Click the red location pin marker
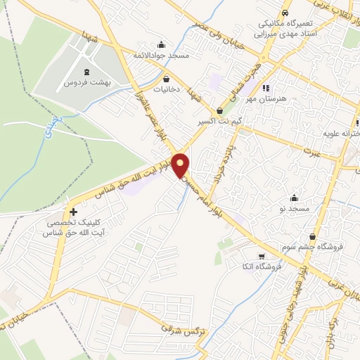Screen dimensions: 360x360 [181, 165]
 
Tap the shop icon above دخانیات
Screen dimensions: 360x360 [167, 79]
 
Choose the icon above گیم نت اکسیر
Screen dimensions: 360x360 [220, 110]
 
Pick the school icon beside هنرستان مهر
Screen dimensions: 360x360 [266, 88]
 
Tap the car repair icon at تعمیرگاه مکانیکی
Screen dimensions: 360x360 [286, 13]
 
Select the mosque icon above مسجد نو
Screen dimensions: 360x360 [293, 198]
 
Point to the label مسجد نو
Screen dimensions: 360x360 [293, 210]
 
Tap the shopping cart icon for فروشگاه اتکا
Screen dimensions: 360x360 [262, 256]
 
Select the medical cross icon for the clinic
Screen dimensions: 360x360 [73, 211]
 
